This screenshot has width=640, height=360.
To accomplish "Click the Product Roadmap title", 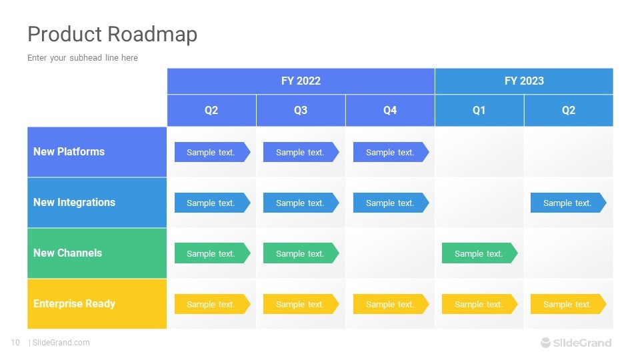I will tap(112, 34).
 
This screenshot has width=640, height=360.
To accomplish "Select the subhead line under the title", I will tap(83, 58).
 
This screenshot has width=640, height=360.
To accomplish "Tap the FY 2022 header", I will tap(301, 81).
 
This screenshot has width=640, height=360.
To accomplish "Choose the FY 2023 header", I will tap(524, 81).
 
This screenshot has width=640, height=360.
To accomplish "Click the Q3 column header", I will tap(301, 110).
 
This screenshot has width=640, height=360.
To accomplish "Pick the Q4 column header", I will tap(390, 110).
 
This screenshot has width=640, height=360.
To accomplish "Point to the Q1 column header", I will tap(479, 110).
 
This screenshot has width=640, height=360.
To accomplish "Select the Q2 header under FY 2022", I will tap(211, 110).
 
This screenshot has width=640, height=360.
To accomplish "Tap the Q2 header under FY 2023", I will tap(569, 110).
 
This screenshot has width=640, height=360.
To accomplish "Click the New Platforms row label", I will tap(69, 151).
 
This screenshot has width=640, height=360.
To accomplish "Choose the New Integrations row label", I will tap(74, 202).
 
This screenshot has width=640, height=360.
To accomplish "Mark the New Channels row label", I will tap(68, 253).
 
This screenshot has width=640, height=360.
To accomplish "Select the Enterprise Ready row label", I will tap(75, 303).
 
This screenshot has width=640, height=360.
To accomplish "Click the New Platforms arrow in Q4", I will tap(391, 152).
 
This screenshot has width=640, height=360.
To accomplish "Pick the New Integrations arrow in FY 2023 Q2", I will tap(568, 203).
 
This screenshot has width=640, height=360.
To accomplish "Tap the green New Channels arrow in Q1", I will tap(479, 253).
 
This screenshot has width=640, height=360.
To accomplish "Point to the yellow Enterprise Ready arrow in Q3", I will tap(301, 304).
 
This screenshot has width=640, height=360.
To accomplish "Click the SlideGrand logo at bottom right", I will tap(576, 343).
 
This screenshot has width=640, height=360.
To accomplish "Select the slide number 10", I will tap(15, 343).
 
